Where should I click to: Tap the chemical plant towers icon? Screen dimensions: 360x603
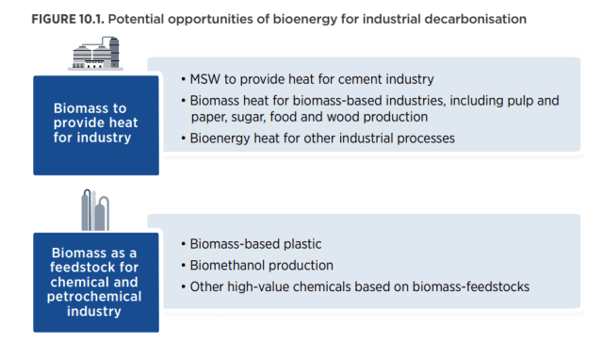click(x=95, y=213)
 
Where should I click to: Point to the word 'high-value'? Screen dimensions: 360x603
click(x=258, y=286)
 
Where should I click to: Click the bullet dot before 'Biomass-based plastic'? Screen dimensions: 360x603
click(x=183, y=245)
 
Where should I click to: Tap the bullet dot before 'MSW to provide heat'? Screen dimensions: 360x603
click(x=183, y=79)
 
